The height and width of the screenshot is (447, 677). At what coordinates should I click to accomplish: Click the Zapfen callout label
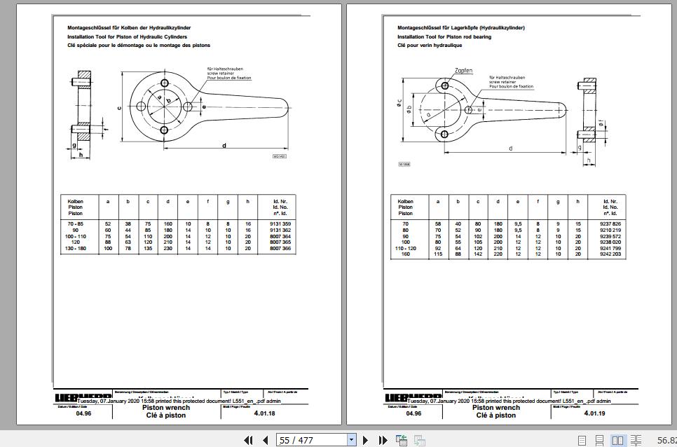click(463, 71)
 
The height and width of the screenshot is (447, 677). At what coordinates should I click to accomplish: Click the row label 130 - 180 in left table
click(75, 249)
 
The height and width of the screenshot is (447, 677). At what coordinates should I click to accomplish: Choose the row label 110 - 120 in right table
click(405, 249)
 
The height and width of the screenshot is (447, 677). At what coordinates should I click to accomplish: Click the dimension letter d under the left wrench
click(224, 146)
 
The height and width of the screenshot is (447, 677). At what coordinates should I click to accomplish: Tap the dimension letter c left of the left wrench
click(120, 107)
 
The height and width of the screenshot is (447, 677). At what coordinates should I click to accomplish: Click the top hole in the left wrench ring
click(164, 83)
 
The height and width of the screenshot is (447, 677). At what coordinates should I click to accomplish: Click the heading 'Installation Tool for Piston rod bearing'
click(444, 36)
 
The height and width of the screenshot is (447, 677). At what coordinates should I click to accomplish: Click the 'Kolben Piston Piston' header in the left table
click(75, 207)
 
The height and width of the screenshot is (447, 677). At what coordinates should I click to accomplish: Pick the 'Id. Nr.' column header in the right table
click(610, 202)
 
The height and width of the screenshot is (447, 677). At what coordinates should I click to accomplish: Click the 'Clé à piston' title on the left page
click(165, 415)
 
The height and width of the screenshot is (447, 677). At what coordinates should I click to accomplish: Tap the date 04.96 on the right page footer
click(413, 413)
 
